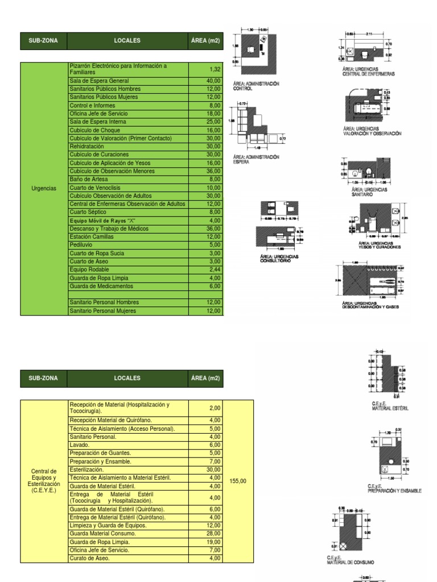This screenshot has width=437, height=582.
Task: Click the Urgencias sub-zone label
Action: [x=44, y=188]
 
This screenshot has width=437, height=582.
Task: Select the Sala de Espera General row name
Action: [x=100, y=81]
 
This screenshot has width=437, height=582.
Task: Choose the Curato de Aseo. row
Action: [x=89, y=558]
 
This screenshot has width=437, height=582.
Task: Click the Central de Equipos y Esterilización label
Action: [x=44, y=481]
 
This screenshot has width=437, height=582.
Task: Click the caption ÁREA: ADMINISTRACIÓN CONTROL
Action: [x=256, y=86]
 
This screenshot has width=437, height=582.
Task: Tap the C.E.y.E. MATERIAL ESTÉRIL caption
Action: [x=390, y=406]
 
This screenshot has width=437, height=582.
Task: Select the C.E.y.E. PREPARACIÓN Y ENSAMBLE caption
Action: [x=394, y=488]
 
